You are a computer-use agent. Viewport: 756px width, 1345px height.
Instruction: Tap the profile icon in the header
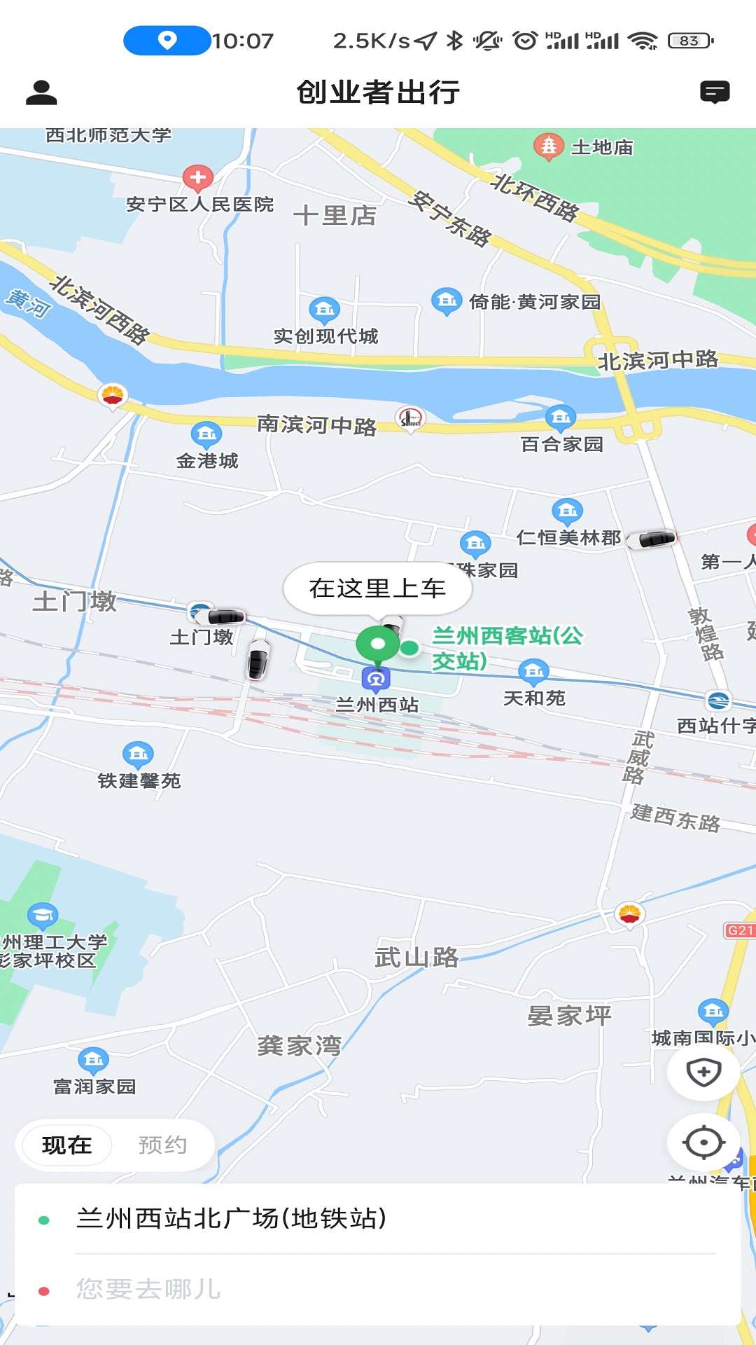pos(41,92)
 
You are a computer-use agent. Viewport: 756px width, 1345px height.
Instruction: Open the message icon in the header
pos(715,92)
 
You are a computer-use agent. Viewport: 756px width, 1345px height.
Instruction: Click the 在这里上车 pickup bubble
pos(377,588)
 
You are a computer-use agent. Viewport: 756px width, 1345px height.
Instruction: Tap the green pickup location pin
pos(378,644)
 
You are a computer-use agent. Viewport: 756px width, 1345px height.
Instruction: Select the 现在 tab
pos(67,1145)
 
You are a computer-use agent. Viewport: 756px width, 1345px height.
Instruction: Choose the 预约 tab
pos(162,1145)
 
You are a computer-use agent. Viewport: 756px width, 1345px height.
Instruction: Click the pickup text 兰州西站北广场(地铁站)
pos(231,1219)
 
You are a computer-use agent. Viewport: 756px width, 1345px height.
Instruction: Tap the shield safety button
pos(703,1072)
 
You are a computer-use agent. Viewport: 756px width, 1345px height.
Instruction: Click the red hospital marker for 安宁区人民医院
pos(198,178)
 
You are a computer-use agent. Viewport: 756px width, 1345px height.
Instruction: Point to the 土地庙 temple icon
pos(549,146)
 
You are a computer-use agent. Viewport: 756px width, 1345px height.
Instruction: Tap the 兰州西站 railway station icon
pos(376,678)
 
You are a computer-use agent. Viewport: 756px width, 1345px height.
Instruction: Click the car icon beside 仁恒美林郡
pos(652,539)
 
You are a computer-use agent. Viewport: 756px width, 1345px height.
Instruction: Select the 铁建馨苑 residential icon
pos(138,754)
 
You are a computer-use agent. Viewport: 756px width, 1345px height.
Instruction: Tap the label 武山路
pos(416,957)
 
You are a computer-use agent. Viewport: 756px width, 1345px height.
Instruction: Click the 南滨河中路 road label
pos(316,425)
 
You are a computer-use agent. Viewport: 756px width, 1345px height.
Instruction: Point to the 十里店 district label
pos(335,216)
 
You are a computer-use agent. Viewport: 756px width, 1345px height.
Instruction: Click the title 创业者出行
pos(378,92)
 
